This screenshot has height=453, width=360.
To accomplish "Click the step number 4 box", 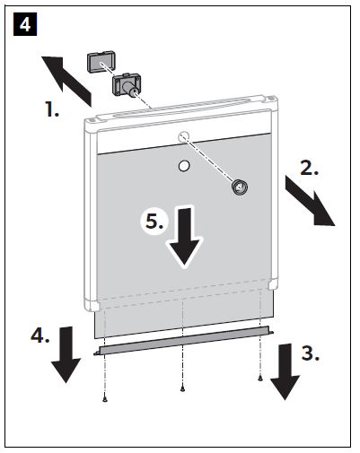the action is click(x=25, y=24).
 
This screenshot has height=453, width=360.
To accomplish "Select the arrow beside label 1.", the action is click(x=66, y=80).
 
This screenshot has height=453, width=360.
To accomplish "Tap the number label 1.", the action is click(x=52, y=109).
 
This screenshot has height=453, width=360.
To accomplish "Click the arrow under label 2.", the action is click(x=310, y=201).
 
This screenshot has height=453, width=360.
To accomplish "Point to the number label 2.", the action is click(x=310, y=168).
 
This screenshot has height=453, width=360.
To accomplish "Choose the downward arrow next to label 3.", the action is click(x=285, y=371).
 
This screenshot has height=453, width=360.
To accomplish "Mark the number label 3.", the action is click(x=310, y=353).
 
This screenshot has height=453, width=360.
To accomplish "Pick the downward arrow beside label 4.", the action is click(x=66, y=354).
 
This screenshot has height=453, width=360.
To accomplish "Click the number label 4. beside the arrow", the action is click(x=40, y=335).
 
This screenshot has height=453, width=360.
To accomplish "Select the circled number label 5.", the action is click(x=154, y=222).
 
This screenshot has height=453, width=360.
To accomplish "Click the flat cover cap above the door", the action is click(x=101, y=61).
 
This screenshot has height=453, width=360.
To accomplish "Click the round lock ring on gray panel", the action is click(x=240, y=187).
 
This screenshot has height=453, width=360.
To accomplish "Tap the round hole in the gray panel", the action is click(x=184, y=166).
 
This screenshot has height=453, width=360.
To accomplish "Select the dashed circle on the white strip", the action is click(x=184, y=137).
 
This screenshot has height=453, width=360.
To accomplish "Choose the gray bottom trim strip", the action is click(x=184, y=341).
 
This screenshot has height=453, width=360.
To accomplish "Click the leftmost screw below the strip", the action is click(x=104, y=399).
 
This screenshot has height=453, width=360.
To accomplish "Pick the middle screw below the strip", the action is click(x=182, y=389).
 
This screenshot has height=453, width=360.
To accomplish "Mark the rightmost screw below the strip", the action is click(x=260, y=379).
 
